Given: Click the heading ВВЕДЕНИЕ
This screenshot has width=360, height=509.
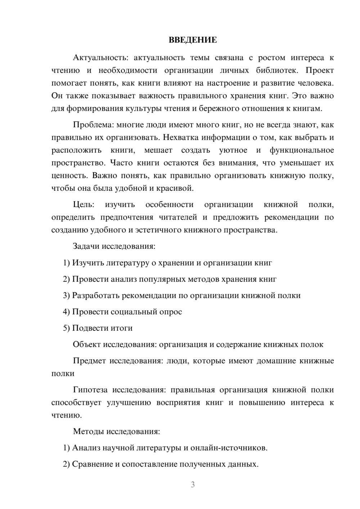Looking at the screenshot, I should (193, 40).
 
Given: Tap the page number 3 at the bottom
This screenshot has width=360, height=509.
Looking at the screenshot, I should (193, 485).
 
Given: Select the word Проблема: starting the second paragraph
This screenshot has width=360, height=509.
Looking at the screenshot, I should (93, 125).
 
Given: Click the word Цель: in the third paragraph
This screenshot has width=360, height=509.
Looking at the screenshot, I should (84, 205).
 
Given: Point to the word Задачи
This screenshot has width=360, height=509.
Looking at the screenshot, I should (86, 247).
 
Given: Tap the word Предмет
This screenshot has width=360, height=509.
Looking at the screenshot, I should (89, 361).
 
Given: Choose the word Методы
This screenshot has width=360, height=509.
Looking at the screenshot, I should (88, 431).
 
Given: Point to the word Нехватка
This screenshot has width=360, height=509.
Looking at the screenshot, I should (180, 138).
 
